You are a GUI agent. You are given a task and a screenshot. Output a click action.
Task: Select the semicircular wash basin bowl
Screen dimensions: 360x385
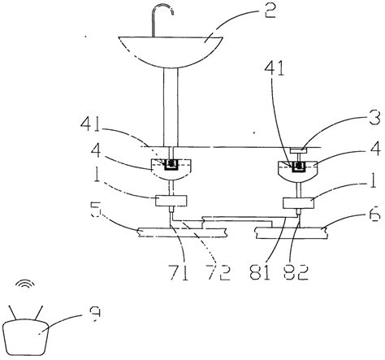point(170,49)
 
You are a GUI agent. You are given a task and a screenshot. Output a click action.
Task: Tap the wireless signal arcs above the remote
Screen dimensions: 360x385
point(25,286)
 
